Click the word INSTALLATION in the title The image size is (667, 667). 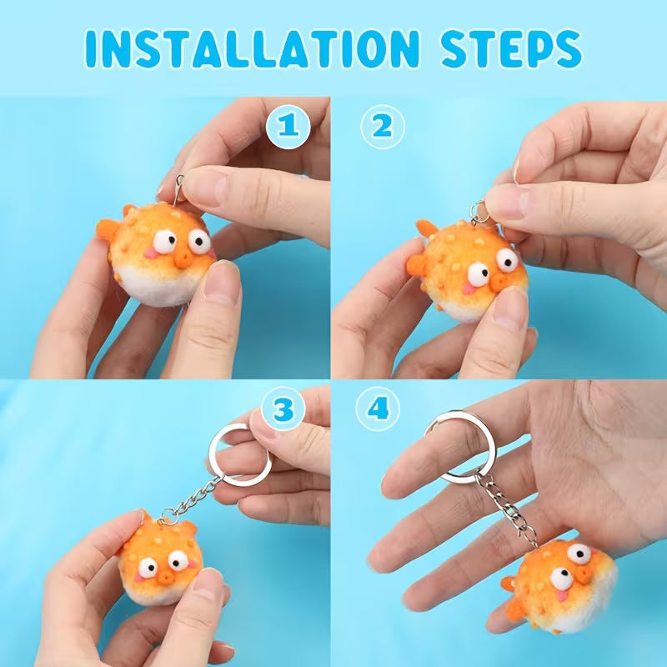point(253,49)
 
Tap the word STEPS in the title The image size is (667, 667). point(511,48)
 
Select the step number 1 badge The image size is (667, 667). point(288,127)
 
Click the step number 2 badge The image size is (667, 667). point(383,127)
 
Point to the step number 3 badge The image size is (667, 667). point(283,409)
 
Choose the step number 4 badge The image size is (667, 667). point(378,409)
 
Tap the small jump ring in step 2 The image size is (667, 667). point(480,213)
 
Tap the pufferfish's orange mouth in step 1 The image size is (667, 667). point(181,259)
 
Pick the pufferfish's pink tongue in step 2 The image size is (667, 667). point(469,288)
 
